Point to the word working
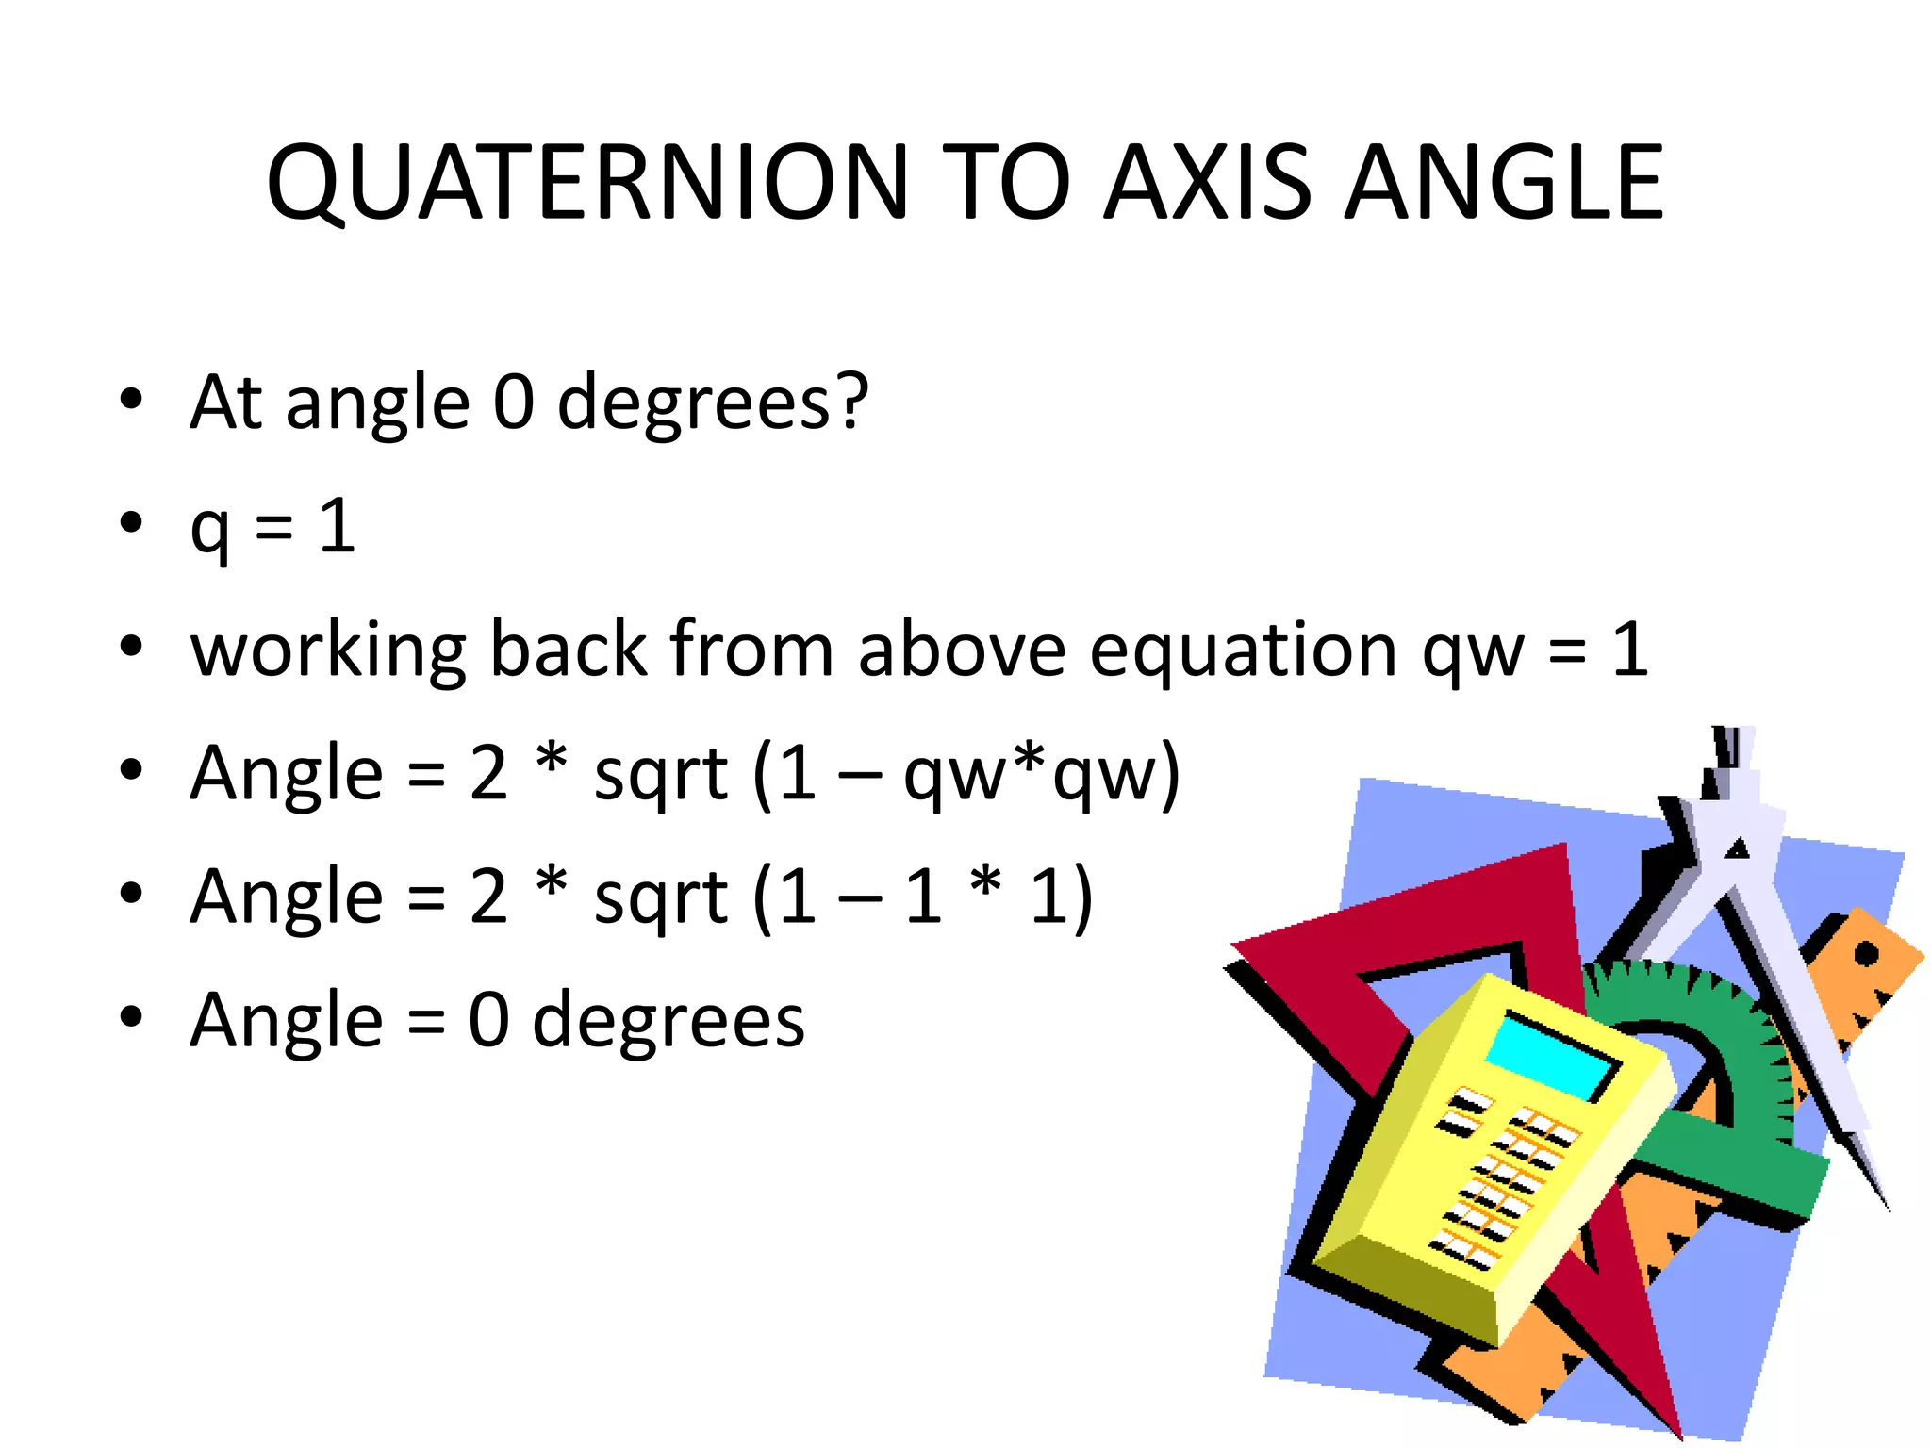pyautogui.click(x=327, y=650)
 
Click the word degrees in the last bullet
pyautogui.click(x=668, y=1022)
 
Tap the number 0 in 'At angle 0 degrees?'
pyautogui.click(x=513, y=402)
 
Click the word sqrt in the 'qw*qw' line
pyautogui.click(x=660, y=774)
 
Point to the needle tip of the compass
pyautogui.click(x=1888, y=1209)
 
